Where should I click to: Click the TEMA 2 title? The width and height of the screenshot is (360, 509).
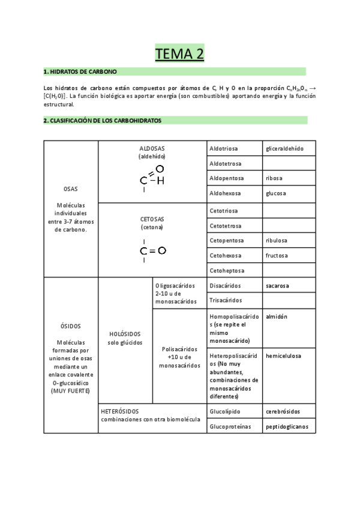click(180, 54)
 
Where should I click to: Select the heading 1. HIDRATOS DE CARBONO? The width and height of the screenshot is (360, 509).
click(76, 71)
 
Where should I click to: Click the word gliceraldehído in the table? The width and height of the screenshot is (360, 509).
click(284, 148)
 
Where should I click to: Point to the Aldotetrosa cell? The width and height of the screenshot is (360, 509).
click(226, 163)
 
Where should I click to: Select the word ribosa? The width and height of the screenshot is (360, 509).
click(274, 178)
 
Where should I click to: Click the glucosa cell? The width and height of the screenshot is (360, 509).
click(276, 193)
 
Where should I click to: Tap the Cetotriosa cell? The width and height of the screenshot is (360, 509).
click(223, 211)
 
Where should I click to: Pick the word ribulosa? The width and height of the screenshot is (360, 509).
click(277, 240)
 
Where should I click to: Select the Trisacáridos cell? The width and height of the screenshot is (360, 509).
click(226, 300)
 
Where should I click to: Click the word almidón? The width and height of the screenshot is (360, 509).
click(277, 316)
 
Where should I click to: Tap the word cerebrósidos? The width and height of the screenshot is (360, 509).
click(283, 411)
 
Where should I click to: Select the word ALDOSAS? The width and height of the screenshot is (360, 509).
click(152, 148)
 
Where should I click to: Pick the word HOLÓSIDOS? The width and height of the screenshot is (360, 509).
click(125, 334)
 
